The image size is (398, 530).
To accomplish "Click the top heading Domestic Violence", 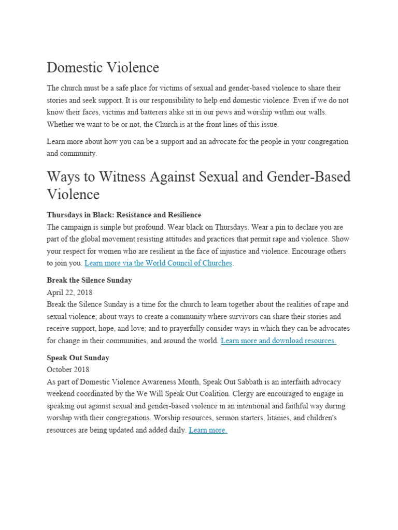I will click(103, 68).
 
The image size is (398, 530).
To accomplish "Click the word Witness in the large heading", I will click(123, 177).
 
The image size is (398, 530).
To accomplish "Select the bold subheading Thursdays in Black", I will click(124, 215).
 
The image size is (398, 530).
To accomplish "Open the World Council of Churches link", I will click(159, 263).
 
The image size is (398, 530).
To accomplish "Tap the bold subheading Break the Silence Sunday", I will click(89, 280).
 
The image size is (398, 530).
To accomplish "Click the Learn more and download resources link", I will click(278, 341).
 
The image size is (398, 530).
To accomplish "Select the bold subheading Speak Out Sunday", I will click(78, 358).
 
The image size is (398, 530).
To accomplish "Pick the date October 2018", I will click(68, 370).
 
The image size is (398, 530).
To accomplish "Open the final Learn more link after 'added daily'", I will click(208, 430).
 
